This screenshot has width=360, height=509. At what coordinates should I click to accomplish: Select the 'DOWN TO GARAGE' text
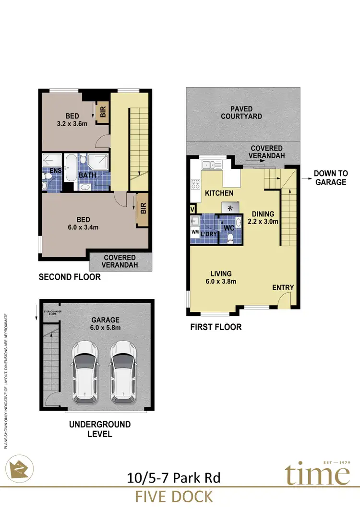pyautogui.click(x=330, y=178)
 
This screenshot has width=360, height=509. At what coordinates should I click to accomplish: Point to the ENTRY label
pyautogui.click(x=283, y=287)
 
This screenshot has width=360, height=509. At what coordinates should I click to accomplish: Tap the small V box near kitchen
pyautogui.click(x=193, y=209)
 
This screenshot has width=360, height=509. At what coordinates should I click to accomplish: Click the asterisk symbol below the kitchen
pyautogui.click(x=230, y=208)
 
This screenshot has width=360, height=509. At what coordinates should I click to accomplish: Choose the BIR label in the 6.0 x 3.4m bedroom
pyautogui.click(x=143, y=210)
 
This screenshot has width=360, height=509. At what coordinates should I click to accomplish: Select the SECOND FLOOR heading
pyautogui.click(x=70, y=277)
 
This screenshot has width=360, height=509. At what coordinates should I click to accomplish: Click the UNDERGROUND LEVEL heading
pyautogui.click(x=100, y=429)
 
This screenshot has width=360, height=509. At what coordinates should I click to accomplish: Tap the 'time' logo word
pyautogui.click(x=317, y=475)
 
